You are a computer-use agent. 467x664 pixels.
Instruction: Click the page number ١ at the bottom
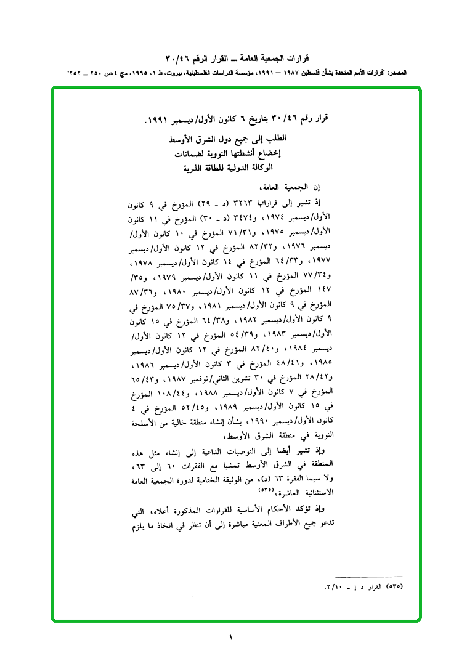[x=232, y=636]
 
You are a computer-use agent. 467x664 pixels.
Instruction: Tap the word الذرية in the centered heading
[x=196, y=168]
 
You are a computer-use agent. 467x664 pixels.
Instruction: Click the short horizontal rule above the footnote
[x=372, y=575]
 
